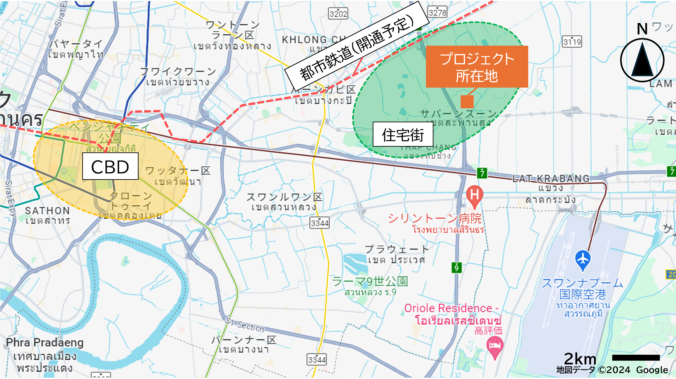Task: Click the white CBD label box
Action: [110, 166]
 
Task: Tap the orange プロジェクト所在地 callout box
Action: [477, 67]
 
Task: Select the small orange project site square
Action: [467, 102]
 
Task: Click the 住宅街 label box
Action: [403, 134]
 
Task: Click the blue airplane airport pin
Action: [583, 260]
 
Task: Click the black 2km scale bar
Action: [636, 357]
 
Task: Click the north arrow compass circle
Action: [642, 60]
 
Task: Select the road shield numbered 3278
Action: [437, 12]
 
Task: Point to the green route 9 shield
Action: [457, 268]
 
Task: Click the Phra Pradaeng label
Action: [45, 342]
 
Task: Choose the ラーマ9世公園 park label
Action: [370, 282]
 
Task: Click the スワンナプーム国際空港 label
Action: [583, 289]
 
